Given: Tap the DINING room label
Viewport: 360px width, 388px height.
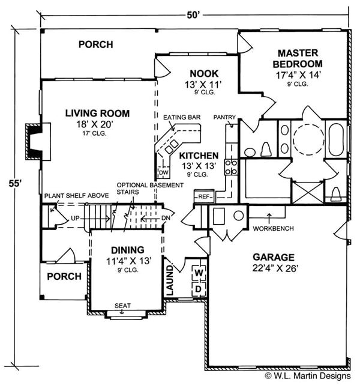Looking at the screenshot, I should tap(127, 250).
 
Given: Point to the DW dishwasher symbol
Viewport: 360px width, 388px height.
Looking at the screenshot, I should tap(163, 173).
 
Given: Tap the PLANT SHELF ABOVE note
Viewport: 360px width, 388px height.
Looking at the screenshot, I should tap(75, 196).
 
